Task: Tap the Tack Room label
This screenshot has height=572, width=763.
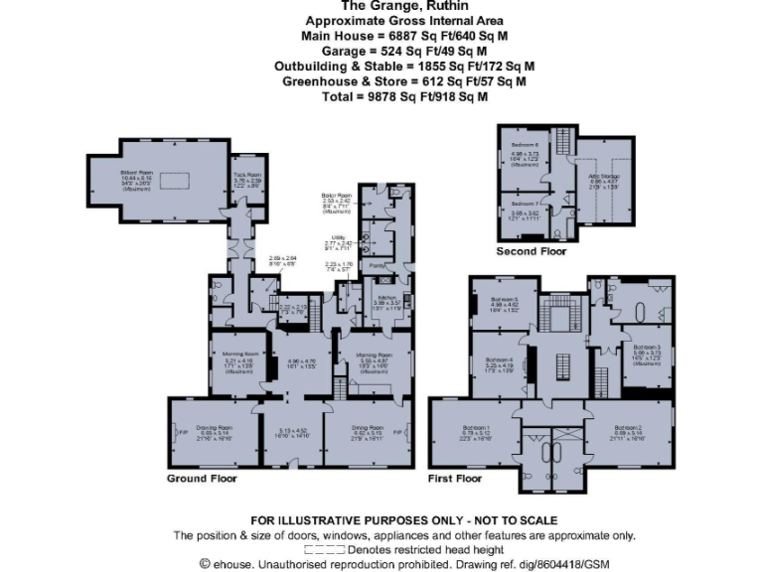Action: pos(247,175)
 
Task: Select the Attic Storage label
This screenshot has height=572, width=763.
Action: pos(604,176)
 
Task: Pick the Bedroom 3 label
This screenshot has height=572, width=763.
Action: pos(647,347)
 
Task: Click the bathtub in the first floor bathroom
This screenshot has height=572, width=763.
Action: pos(655,304)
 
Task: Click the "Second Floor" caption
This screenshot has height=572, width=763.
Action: pos(531,252)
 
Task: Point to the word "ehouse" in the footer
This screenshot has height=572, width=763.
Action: pos(232,563)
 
